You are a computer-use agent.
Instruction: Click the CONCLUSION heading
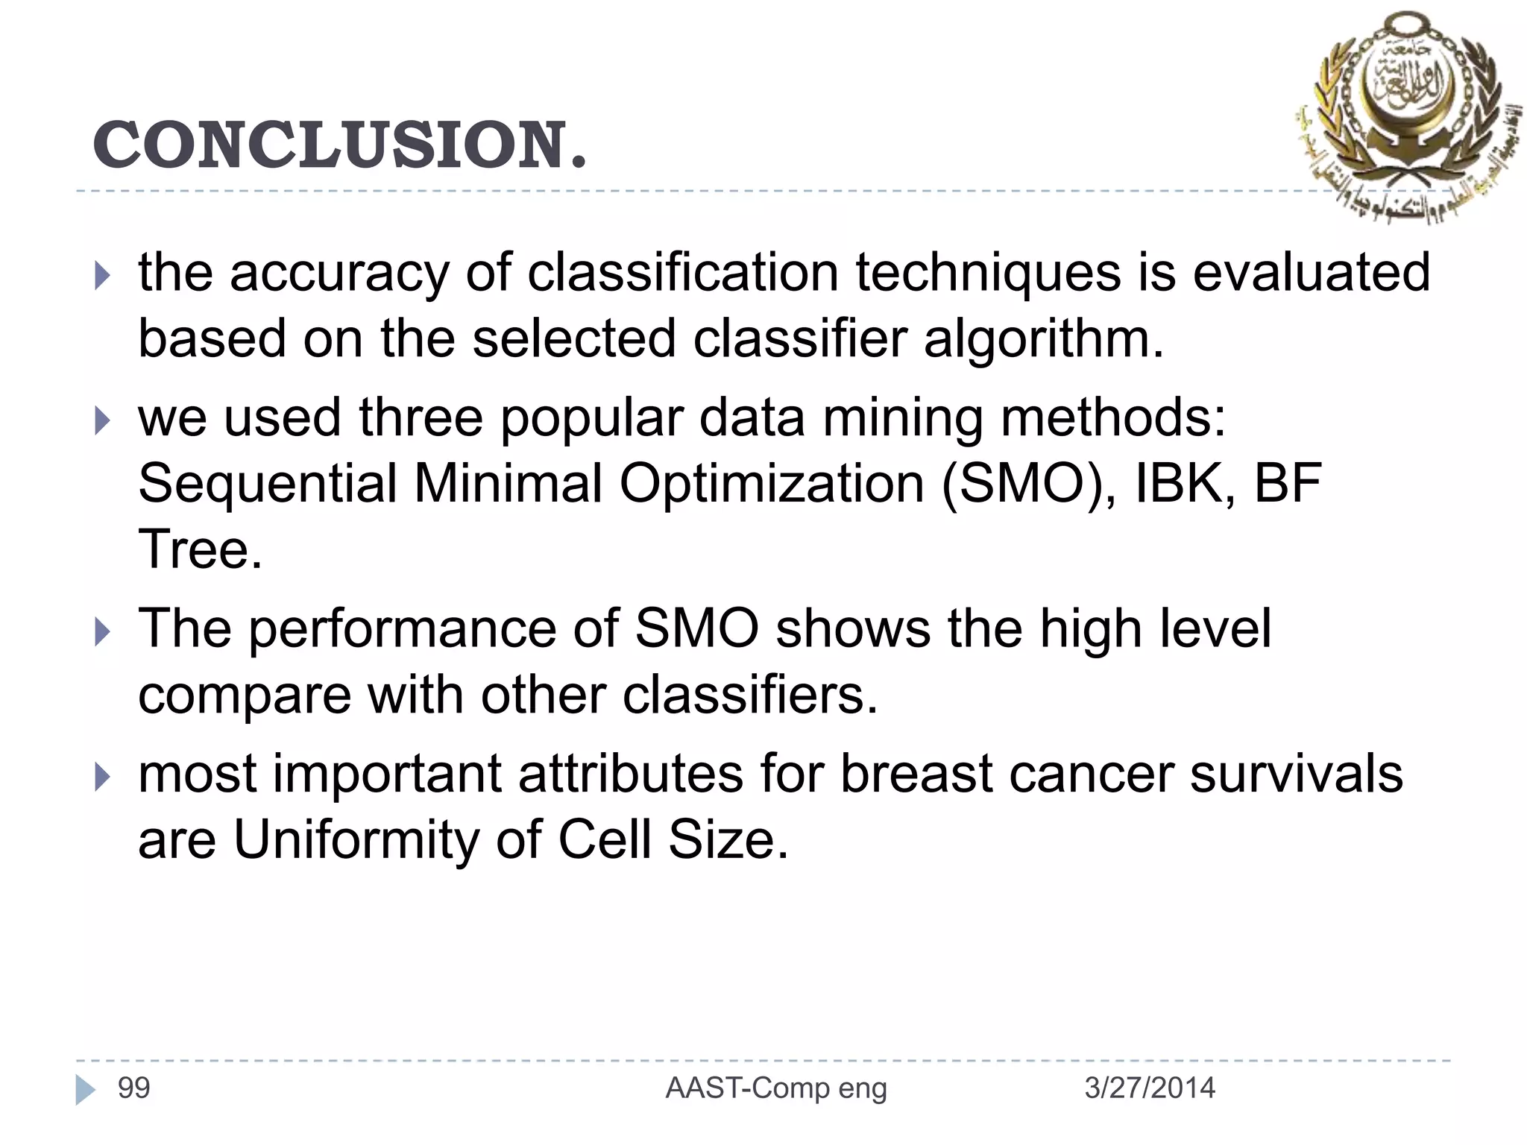tap(339, 145)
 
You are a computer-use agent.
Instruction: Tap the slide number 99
tap(134, 1088)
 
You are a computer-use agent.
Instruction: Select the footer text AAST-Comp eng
tap(776, 1088)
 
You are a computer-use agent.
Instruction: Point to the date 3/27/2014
tap(1149, 1088)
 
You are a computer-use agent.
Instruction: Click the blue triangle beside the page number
tap(86, 1090)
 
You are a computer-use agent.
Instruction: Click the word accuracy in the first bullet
tap(339, 273)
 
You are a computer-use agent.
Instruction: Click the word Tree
tap(200, 549)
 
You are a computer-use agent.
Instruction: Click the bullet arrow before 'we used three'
tap(103, 421)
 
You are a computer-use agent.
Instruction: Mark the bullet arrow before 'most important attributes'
tap(103, 778)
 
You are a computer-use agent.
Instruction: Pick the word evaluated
tap(1312, 273)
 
